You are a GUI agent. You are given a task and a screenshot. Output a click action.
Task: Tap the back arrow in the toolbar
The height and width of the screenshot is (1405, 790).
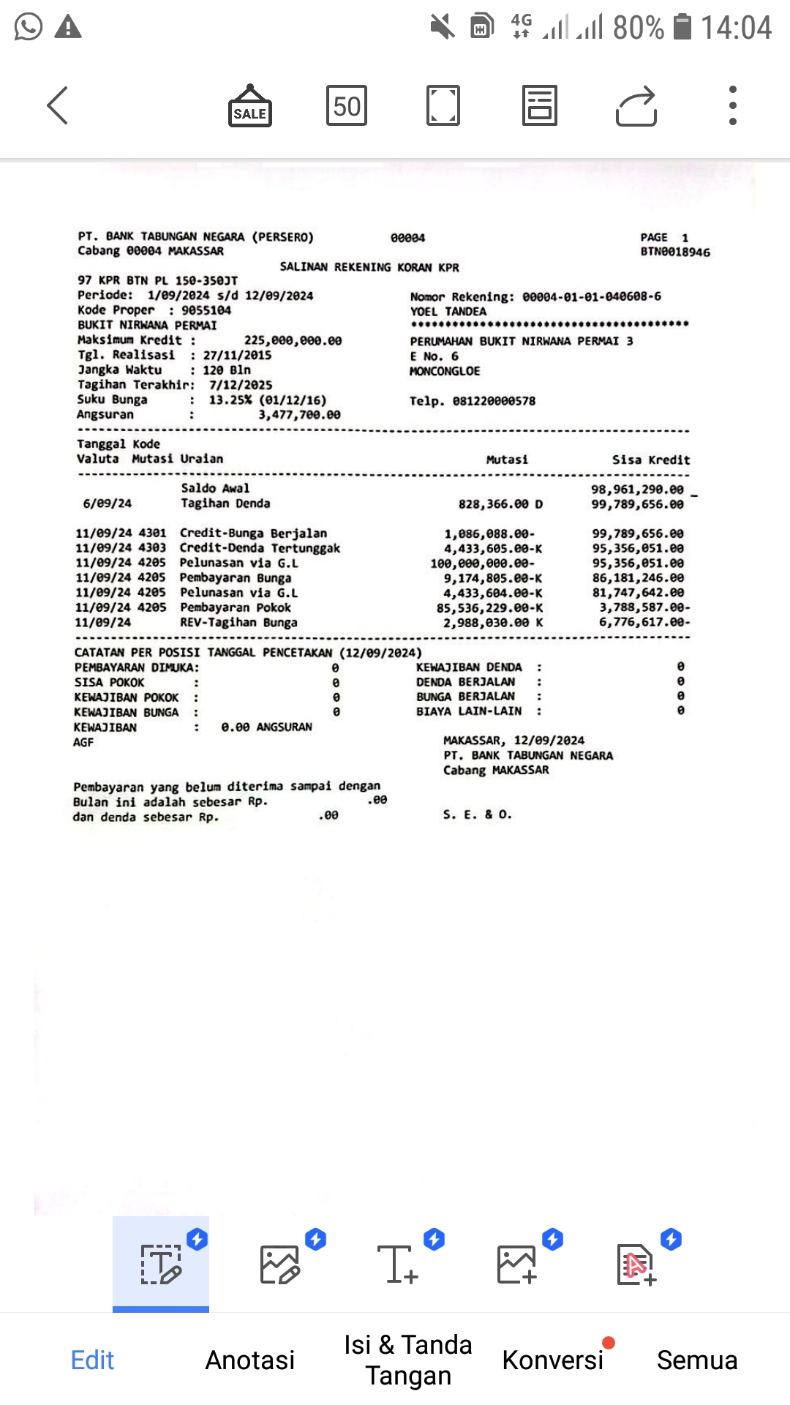[58, 105]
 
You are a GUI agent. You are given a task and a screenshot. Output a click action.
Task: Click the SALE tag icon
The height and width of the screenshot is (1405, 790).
[250, 106]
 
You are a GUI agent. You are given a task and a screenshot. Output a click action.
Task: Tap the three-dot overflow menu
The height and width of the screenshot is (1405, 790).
[732, 105]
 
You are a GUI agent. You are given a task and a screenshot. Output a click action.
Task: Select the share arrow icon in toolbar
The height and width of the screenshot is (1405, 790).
[636, 106]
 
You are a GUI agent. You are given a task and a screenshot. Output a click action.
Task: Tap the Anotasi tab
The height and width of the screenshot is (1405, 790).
[250, 1360]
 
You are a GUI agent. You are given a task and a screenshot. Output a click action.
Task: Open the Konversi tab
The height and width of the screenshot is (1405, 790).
[552, 1360]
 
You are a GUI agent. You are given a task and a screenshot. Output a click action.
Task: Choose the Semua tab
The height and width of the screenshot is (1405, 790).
[696, 1360]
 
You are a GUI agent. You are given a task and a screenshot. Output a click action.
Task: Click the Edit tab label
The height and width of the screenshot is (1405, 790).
[92, 1360]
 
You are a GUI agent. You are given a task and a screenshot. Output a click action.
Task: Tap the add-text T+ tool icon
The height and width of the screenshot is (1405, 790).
[398, 1264]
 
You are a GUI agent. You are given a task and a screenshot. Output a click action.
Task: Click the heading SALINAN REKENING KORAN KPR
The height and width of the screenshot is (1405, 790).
[369, 267]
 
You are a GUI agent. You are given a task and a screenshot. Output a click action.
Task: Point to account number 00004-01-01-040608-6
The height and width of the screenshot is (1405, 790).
[591, 296]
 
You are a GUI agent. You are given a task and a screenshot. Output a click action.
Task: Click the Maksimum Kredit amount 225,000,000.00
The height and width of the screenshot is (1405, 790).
[293, 340]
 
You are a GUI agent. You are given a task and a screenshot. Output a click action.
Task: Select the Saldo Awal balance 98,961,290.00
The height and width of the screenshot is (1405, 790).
[637, 489]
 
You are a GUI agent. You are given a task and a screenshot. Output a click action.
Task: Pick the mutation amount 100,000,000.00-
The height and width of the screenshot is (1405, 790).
[482, 563]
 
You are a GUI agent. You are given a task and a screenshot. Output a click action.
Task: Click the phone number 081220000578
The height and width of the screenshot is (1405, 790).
[494, 401]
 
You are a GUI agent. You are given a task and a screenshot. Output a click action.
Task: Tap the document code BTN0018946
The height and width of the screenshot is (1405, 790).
[674, 252]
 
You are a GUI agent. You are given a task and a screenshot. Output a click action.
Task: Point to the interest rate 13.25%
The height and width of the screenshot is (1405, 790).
[229, 400]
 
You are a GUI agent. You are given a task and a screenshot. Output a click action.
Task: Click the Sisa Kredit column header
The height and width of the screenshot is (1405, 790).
[650, 460]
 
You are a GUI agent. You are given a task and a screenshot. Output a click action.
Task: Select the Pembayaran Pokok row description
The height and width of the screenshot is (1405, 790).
[236, 607]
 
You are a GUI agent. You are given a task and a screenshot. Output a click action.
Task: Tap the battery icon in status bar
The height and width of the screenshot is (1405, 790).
[682, 27]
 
